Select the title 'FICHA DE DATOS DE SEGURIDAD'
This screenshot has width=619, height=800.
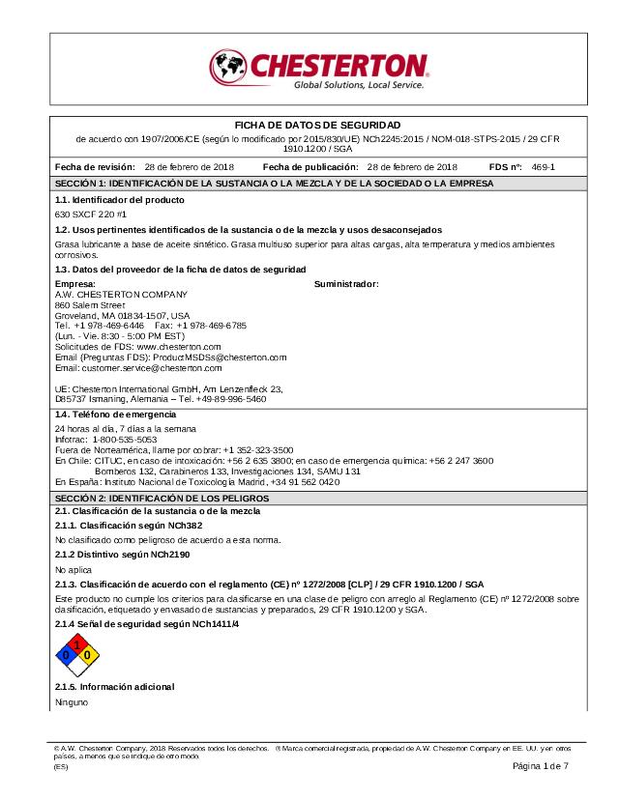tap(318, 126)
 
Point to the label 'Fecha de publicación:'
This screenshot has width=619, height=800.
tap(312, 167)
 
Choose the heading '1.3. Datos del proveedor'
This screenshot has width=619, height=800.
tap(180, 269)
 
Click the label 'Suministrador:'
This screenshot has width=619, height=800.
tap(346, 284)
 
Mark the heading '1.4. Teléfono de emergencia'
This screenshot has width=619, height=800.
tap(115, 414)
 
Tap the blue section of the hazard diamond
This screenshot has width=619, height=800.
tap(67, 654)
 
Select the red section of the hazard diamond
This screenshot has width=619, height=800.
tap(76, 644)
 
